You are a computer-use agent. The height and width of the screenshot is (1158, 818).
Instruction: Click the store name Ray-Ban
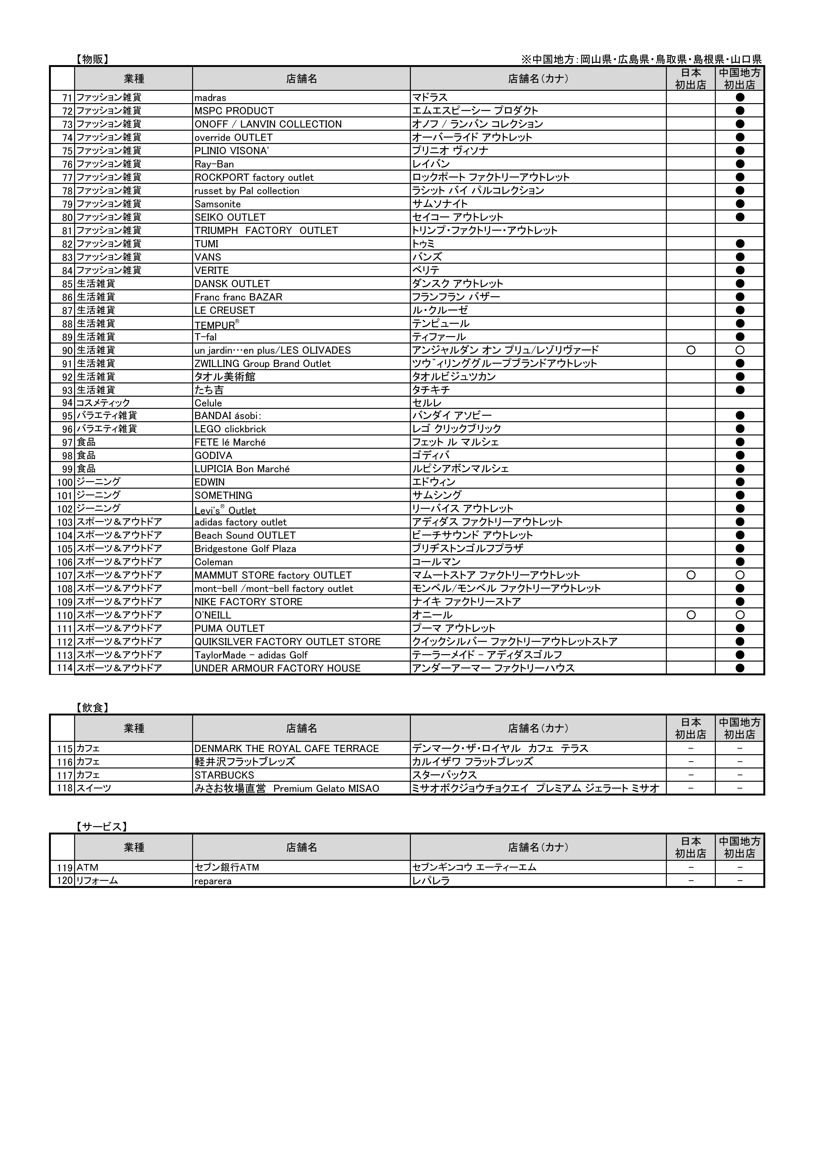pos(214,164)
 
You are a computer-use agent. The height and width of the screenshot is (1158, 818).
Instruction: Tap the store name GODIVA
pos(213,455)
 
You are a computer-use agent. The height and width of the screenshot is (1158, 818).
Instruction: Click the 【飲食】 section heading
pos(92,708)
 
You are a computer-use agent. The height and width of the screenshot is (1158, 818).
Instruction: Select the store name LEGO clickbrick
pos(230,429)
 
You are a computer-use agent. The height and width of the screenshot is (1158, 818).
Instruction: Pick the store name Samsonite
pos(218,204)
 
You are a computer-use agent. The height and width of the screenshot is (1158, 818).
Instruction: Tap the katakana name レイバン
pos(431,164)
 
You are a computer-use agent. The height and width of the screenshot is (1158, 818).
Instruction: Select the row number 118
pos(65,788)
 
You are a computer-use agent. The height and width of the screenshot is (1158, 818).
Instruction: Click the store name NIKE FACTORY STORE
pos(249,602)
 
